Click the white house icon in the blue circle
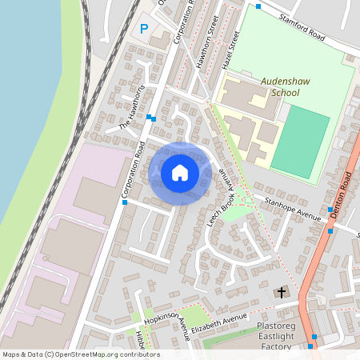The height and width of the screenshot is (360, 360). tap(180, 173)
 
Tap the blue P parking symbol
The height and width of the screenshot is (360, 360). tap(144, 29)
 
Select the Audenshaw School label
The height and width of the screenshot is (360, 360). tap(279, 86)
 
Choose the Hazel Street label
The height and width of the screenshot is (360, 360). tap(230, 50)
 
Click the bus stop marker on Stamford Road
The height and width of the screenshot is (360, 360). tap(258, 6)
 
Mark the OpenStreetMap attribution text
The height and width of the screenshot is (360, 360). tap(81, 354)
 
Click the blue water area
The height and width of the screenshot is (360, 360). tap(24, 120)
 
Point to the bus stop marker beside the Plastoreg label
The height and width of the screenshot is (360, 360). tap(314, 336)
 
